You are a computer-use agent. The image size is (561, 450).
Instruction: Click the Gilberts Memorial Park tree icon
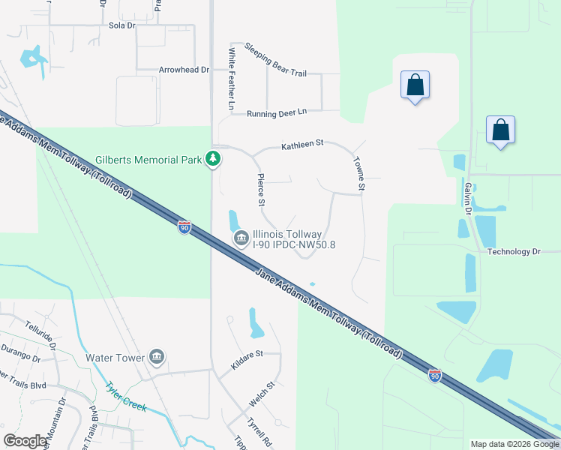[214, 158]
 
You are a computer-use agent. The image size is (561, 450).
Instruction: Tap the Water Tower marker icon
[157, 357]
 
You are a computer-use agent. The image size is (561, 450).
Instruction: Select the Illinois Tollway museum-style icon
[241, 239]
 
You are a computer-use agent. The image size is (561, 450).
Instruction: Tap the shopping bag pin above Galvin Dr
[500, 130]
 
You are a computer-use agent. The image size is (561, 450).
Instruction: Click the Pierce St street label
[260, 190]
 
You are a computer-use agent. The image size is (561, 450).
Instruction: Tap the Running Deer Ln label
[277, 112]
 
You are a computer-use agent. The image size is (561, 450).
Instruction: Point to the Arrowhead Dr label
[183, 70]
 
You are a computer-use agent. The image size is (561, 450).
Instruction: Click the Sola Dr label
[121, 25]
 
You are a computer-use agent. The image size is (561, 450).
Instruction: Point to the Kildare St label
[247, 352]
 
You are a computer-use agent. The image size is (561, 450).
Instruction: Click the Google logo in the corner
[25, 441]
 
